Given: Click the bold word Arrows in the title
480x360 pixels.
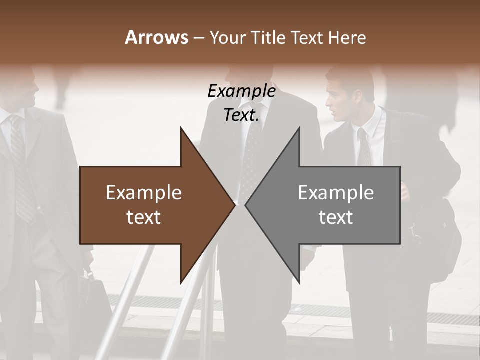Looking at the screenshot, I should pyautogui.click(x=156, y=37).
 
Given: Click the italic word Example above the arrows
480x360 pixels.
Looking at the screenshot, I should pyautogui.click(x=241, y=91).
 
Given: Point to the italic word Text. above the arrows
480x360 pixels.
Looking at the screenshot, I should pyautogui.click(x=241, y=115).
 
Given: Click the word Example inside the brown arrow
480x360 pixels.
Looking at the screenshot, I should pyautogui.click(x=144, y=193).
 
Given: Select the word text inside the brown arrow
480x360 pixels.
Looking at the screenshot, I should pyautogui.click(x=144, y=217).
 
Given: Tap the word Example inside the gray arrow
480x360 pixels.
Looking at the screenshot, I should pyautogui.click(x=336, y=193).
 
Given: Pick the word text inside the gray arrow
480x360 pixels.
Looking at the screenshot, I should pyautogui.click(x=336, y=217).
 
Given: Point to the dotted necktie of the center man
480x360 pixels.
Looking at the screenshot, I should pyautogui.click(x=248, y=155).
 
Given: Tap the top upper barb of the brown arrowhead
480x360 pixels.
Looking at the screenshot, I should pyautogui.click(x=181, y=129).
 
